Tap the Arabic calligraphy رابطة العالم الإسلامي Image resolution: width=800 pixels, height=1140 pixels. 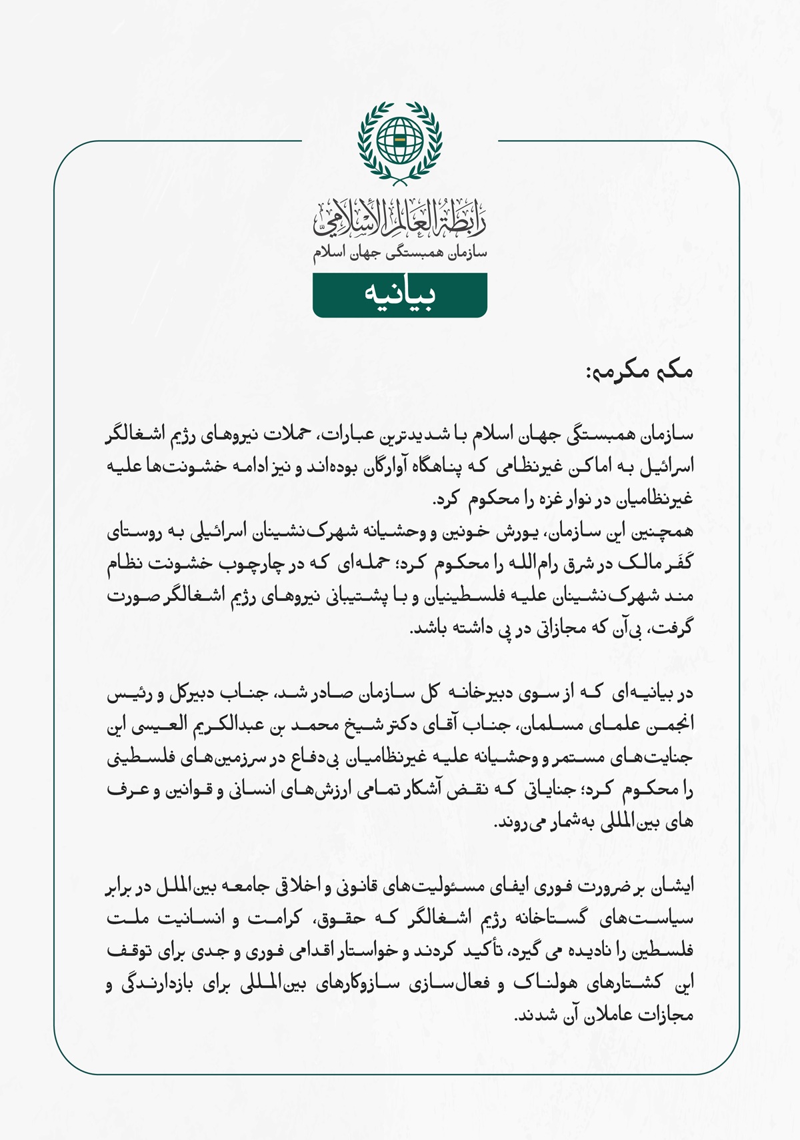coord(400,219)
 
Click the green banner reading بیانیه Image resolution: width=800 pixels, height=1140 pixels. coord(400,294)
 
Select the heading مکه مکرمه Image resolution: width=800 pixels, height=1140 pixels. coord(639,371)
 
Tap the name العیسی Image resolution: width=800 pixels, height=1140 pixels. coord(155,725)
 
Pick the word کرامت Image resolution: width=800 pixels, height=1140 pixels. coord(273,919)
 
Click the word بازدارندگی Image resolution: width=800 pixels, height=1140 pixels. coord(157,983)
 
